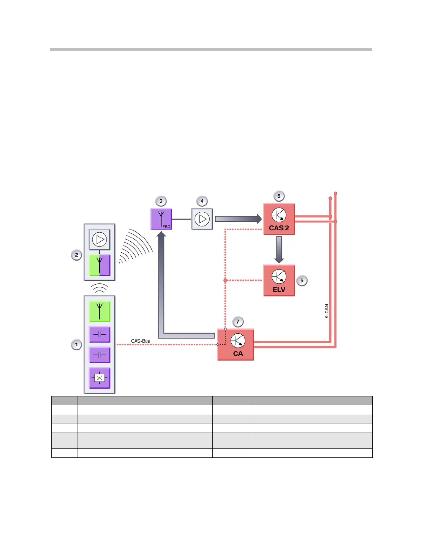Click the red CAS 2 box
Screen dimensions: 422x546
click(279, 219)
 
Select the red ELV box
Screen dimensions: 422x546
click(279, 281)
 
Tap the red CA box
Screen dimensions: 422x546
click(235, 345)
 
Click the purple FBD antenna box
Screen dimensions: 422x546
click(161, 219)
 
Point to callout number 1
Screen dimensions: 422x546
click(76, 344)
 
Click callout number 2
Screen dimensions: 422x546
click(76, 255)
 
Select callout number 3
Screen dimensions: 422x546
click(161, 201)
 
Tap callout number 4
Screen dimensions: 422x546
click(202, 201)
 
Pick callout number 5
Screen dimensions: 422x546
click(279, 196)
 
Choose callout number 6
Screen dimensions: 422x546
click(302, 281)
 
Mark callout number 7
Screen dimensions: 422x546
click(238, 322)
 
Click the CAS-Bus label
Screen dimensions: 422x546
click(140, 341)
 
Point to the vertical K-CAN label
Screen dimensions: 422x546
click(326, 311)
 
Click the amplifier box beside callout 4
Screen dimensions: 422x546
click(202, 219)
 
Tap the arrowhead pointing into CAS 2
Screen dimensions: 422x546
click(259, 219)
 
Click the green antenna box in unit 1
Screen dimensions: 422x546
click(100, 311)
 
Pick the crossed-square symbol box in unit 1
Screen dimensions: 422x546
click(100, 378)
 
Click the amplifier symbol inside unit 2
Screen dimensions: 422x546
click(100, 239)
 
